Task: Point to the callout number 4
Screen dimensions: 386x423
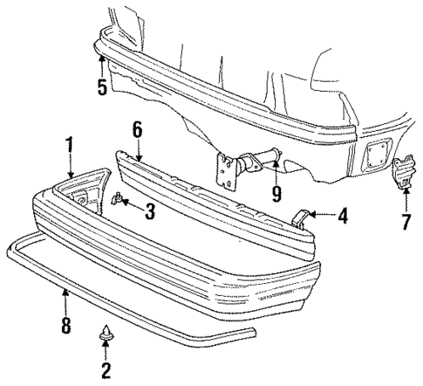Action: (x=343, y=212)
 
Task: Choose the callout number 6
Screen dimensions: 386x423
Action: (x=137, y=129)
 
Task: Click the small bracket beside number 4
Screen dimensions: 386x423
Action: (x=302, y=217)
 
